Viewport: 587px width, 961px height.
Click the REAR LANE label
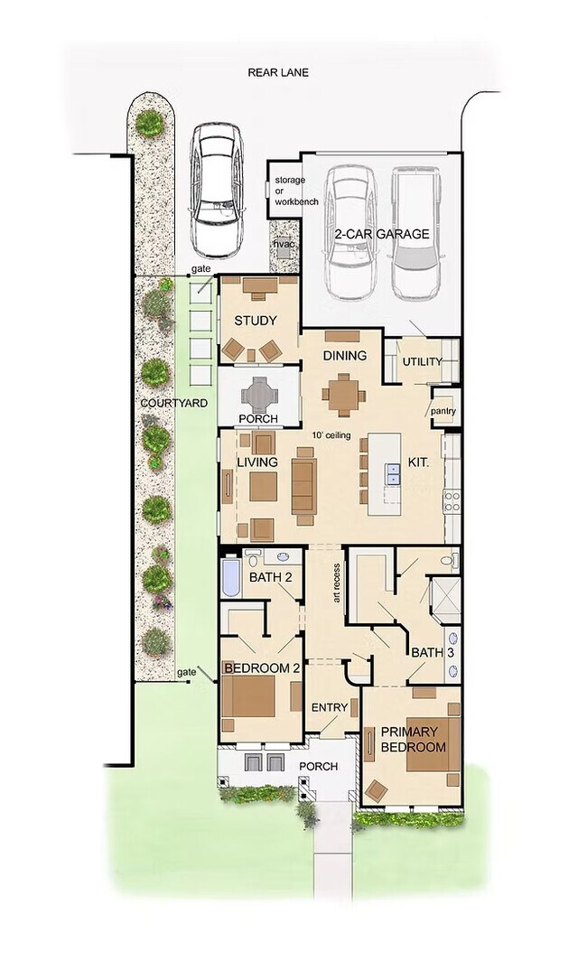(278, 71)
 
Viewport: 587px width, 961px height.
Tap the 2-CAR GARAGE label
(381, 234)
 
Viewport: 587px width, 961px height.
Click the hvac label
(284, 245)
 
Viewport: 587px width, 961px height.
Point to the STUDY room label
(255, 321)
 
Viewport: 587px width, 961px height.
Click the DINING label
(345, 356)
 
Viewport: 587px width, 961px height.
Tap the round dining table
(343, 395)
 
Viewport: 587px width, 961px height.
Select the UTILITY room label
(422, 362)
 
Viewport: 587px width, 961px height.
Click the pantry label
(443, 412)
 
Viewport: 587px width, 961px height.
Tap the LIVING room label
(256, 462)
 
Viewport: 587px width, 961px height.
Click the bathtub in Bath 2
(229, 577)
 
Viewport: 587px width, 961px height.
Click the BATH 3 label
(427, 652)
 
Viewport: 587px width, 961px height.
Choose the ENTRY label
(329, 707)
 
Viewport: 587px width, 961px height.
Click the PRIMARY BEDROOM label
(413, 739)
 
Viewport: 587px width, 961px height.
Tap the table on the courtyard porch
(258, 393)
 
